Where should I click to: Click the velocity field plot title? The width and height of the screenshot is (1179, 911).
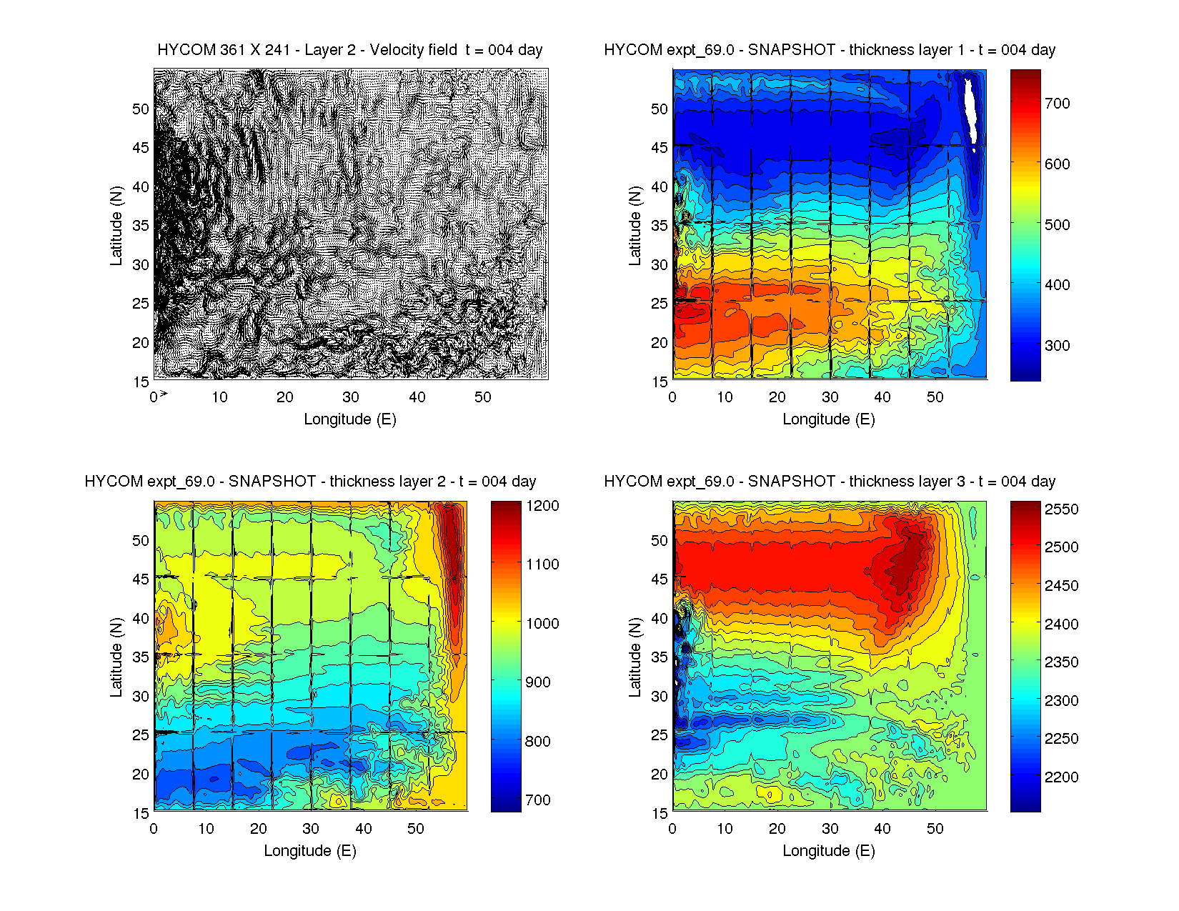349,50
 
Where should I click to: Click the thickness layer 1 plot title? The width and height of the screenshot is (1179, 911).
830,50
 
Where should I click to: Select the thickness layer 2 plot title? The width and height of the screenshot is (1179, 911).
310,482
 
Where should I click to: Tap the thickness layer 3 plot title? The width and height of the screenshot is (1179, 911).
830,482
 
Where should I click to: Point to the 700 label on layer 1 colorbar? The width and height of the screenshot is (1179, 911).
1057,104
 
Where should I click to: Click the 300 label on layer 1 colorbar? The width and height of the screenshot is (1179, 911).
1057,346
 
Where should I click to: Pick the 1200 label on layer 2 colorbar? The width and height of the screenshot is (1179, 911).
542,506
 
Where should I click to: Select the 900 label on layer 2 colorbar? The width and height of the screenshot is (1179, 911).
537,682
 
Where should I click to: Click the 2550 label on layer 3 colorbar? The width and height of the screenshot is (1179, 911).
1061,509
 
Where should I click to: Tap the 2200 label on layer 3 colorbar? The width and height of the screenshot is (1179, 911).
1061,777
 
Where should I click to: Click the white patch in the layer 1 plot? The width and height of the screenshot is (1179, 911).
970,107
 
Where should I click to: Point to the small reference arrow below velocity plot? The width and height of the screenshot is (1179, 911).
164,394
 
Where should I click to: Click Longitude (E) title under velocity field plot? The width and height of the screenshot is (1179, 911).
349,419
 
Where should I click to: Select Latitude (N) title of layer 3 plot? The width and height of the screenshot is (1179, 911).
635,657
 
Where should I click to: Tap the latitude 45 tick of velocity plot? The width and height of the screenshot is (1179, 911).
141,148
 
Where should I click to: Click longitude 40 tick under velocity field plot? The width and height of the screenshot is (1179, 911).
417,397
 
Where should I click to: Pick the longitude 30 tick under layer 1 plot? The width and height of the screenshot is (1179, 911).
830,397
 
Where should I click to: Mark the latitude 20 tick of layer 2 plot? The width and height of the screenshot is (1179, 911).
141,775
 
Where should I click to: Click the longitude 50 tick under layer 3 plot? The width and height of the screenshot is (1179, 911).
935,829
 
